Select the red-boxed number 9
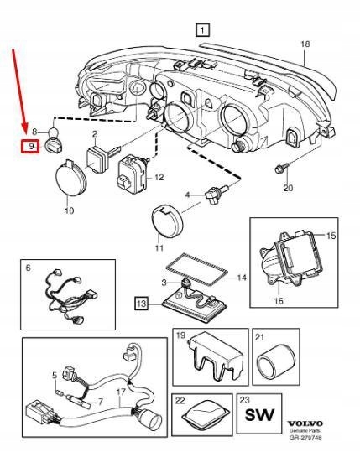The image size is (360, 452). [x=30, y=147]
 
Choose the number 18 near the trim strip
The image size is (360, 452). [x=305, y=43]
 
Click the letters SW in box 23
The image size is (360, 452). [x=259, y=414]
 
